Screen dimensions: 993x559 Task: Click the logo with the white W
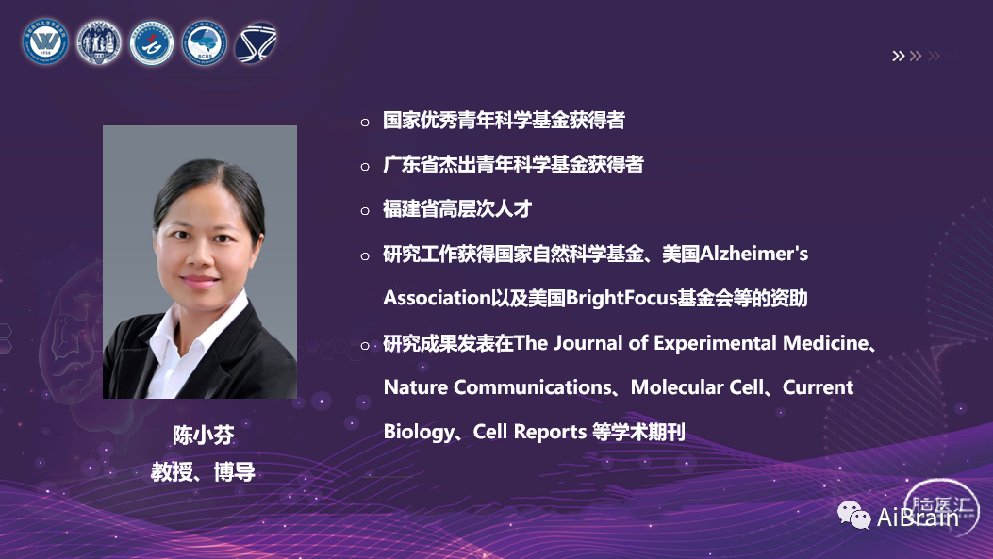(x=45, y=42)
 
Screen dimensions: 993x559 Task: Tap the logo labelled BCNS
(x=204, y=43)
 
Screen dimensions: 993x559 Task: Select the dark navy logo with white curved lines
(x=256, y=43)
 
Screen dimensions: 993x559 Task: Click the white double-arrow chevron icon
(x=898, y=56)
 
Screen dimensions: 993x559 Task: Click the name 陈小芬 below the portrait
(x=204, y=435)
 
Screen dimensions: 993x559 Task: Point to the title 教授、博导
(x=203, y=471)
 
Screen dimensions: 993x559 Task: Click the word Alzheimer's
(x=753, y=254)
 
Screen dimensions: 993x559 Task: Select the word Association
(x=437, y=298)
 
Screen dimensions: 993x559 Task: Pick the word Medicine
(x=826, y=342)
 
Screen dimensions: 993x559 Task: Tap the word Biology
(x=419, y=432)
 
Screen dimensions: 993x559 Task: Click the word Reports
(x=550, y=432)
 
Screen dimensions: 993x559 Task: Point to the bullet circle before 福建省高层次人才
(x=365, y=211)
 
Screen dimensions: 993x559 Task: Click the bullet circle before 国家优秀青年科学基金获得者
(x=365, y=123)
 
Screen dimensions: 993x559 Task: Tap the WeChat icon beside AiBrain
(x=853, y=516)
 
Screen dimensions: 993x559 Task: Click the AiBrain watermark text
(x=918, y=518)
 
